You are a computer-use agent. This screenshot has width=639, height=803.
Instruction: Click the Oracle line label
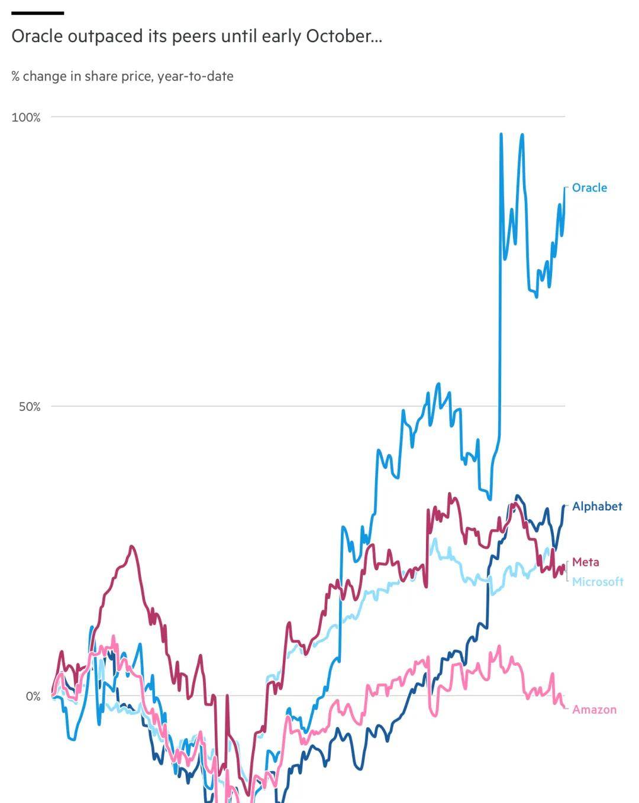pos(589,187)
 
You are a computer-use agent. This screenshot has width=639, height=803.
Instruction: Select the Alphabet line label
pos(597,506)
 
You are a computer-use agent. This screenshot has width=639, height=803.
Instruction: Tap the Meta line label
pos(585,562)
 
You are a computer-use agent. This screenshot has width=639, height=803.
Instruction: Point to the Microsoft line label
pos(597,582)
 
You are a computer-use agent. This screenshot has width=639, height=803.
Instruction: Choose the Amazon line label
pos(594,710)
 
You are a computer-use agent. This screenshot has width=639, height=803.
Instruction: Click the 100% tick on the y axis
pos(26,117)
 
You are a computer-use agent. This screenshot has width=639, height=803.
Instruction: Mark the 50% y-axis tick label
pos(29,407)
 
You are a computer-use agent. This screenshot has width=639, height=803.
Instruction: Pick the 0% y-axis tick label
pos(33,697)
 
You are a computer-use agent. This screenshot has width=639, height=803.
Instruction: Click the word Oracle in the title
pos(37,37)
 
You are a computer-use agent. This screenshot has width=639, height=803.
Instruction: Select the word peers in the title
pos(193,37)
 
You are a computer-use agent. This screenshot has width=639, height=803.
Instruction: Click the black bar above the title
pos(38,12)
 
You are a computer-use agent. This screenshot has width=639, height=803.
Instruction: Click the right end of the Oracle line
pos(564,189)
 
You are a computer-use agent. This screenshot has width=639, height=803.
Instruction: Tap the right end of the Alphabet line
pos(563,506)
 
